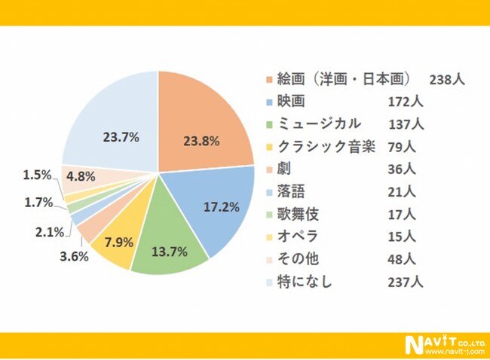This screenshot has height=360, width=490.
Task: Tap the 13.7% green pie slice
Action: (169, 242)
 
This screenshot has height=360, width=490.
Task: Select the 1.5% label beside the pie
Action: (37, 175)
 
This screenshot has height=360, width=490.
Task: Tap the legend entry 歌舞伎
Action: (299, 214)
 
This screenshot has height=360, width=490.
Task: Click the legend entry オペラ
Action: (298, 236)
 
